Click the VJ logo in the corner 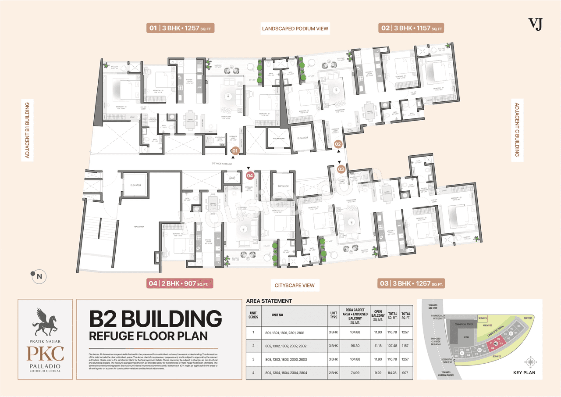point(535,24)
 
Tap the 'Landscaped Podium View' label point(295,29)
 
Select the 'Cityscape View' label point(295,285)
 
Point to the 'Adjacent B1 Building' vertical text point(27,130)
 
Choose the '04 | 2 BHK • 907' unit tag point(179,284)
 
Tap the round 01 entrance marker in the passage point(235,150)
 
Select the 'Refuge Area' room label point(138,227)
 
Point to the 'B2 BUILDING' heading point(156,319)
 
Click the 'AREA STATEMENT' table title point(269,301)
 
